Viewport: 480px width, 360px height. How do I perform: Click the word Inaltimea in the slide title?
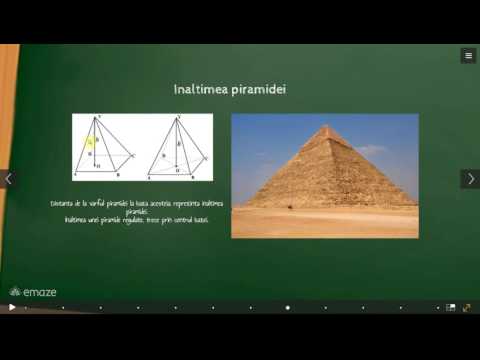(x=196, y=90)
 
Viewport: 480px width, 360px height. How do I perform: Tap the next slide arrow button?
(x=469, y=179)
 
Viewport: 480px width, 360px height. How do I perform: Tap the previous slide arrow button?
(x=9, y=179)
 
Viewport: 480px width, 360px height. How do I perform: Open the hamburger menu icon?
(x=468, y=56)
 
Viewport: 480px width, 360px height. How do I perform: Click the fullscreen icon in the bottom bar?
(x=467, y=307)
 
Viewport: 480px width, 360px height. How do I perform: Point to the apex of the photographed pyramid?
(x=326, y=127)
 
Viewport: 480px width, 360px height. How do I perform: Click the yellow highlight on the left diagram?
(x=90, y=142)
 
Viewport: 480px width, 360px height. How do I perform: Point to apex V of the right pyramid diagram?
(x=174, y=118)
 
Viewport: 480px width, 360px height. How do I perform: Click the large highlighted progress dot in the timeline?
(x=288, y=307)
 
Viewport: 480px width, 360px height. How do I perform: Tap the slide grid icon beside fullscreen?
(x=451, y=307)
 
